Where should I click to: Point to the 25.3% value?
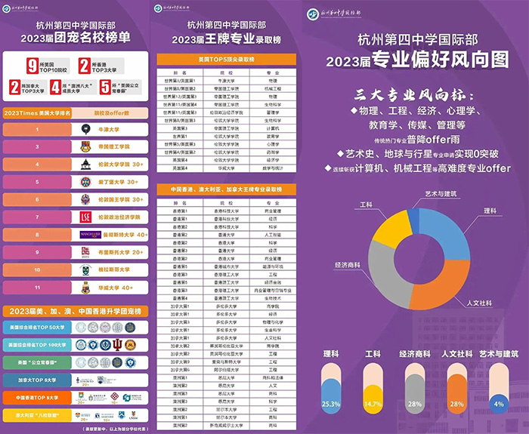330,403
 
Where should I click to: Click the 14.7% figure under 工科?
373,403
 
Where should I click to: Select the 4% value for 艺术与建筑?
498,403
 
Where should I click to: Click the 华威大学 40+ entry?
117,287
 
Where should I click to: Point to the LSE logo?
85,217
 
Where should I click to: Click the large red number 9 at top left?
31,66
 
